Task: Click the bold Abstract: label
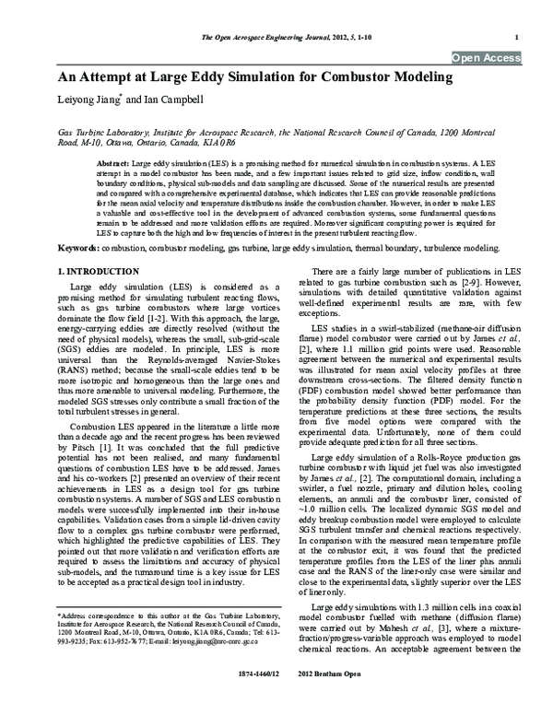coord(112,161)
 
